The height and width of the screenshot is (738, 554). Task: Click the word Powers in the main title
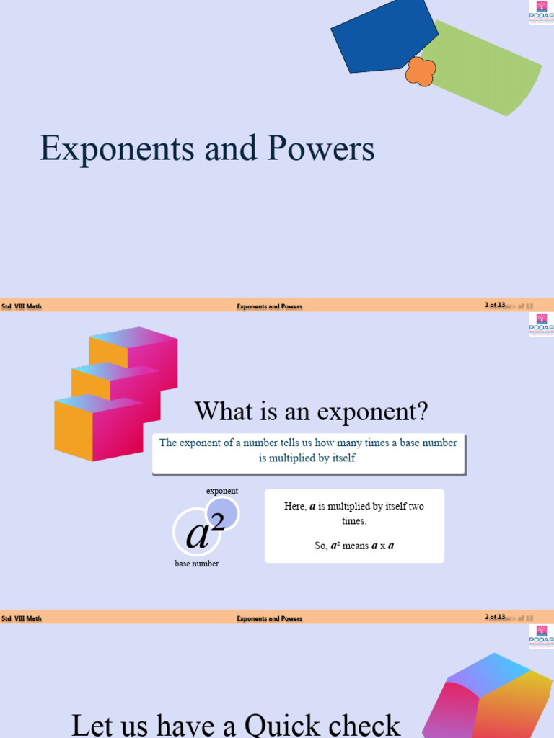(321, 149)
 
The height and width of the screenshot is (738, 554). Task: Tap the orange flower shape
(421, 71)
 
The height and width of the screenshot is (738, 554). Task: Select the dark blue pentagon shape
(382, 36)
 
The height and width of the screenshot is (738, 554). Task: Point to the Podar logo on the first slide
(541, 13)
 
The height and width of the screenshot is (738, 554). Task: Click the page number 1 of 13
(495, 306)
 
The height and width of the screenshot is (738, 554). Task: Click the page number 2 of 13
(495, 618)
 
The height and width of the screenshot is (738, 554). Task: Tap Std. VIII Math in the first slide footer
(22, 306)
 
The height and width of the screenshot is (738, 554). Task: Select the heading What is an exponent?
(311, 412)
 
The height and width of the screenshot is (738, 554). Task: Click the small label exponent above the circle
(222, 492)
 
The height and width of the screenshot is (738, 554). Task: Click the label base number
(196, 564)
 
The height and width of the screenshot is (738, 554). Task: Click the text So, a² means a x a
(354, 546)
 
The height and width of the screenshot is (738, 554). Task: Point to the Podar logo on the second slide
(541, 325)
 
